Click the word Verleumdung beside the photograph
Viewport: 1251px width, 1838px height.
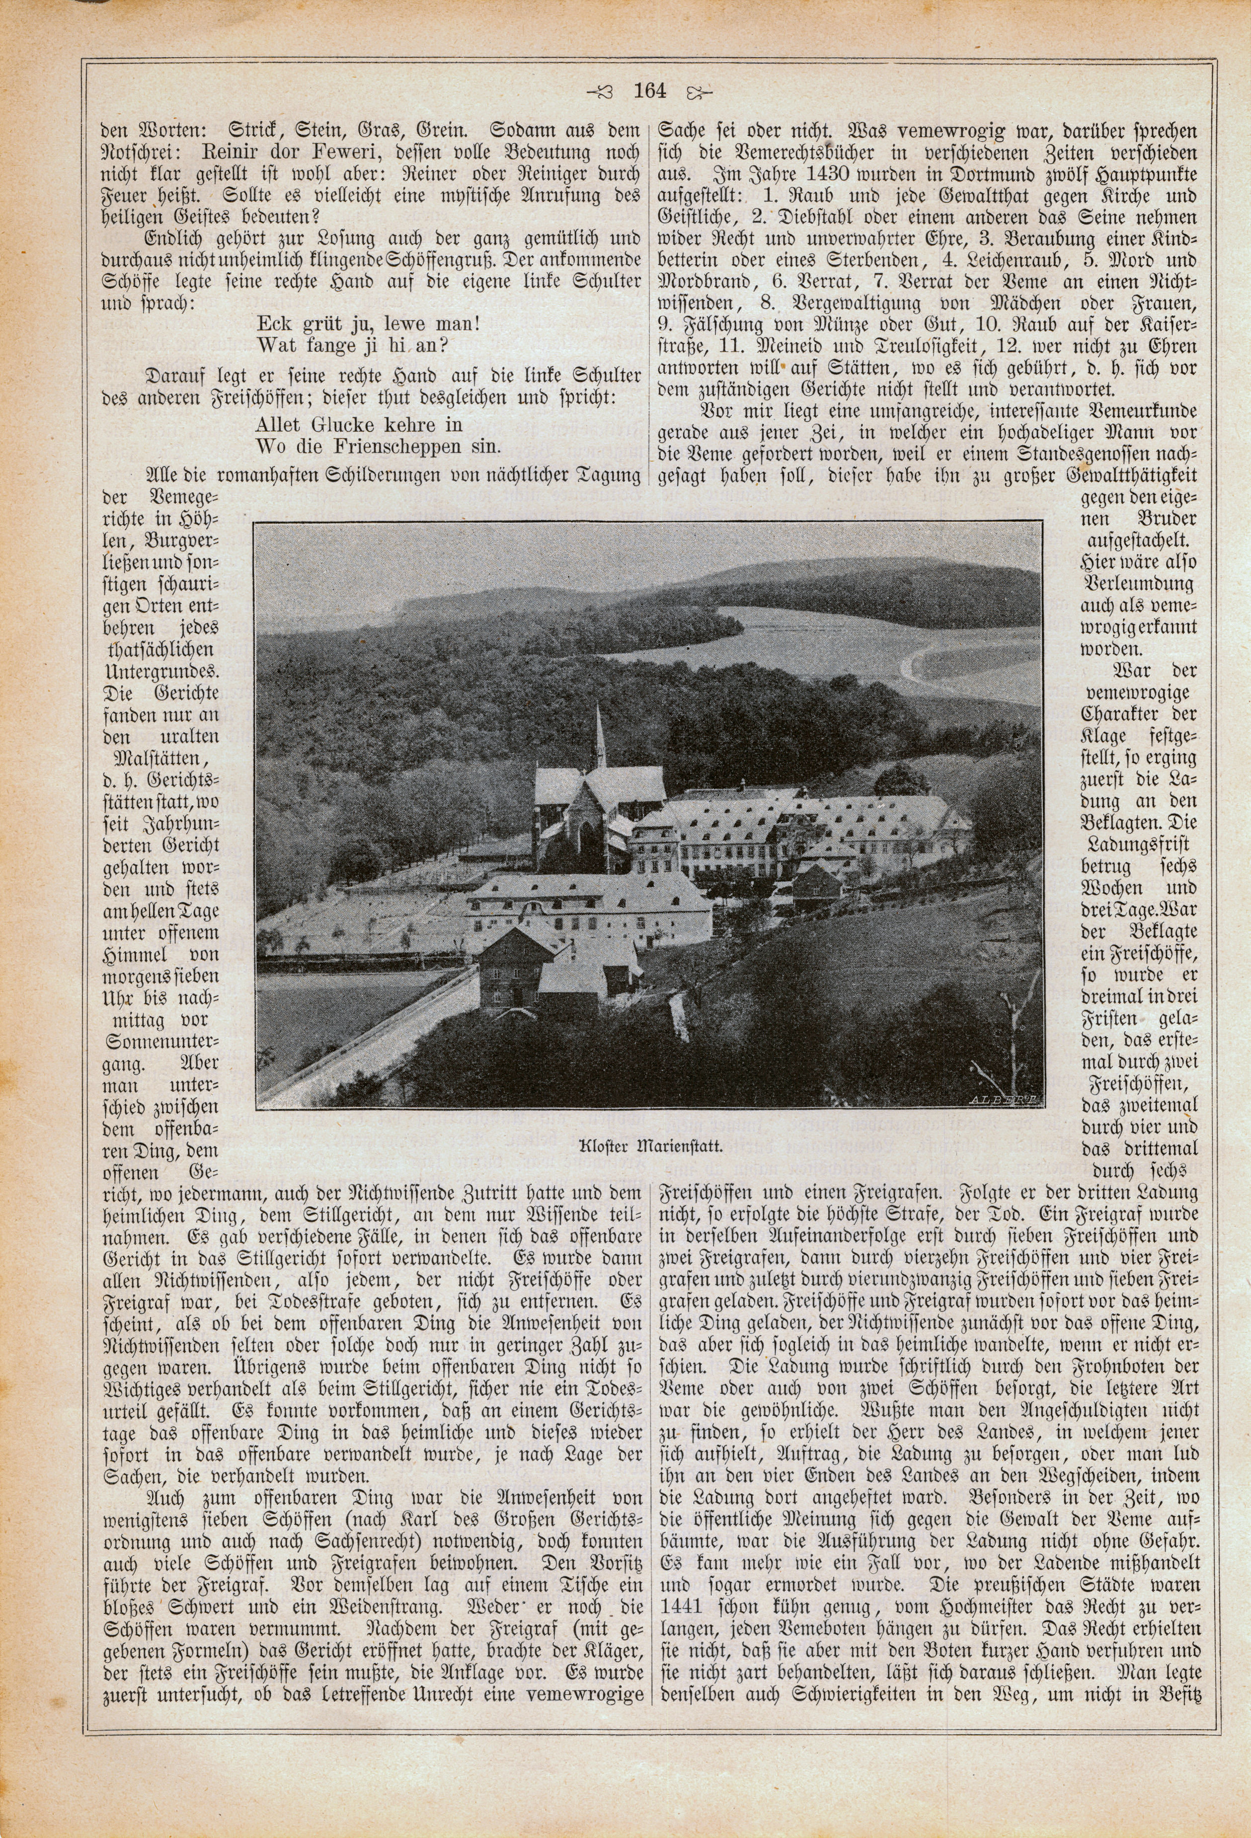coord(1138,584)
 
